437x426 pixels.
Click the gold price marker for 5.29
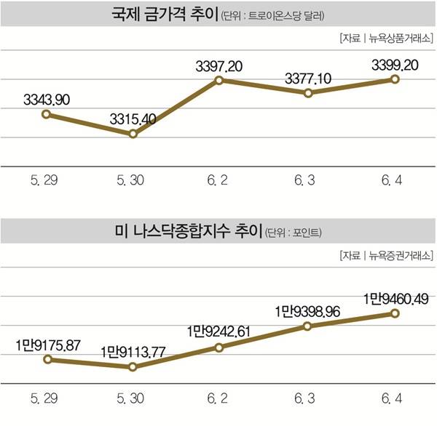pos(46,114)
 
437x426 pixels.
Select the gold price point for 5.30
pos(133,134)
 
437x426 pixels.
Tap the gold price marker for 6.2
pos(220,80)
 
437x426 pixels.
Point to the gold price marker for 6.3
pos(308,93)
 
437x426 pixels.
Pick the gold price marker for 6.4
pos(395,78)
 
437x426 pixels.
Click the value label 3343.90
pos(46,99)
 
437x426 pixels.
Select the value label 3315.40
pos(133,118)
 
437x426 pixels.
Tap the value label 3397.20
pos(220,65)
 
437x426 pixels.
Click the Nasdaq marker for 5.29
pos(46,359)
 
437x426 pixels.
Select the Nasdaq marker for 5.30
pos(133,367)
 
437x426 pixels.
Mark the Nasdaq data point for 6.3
pos(308,326)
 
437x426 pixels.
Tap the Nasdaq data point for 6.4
pos(395,313)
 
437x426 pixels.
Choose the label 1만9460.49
pos(395,297)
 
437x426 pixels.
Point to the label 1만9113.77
pos(133,351)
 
